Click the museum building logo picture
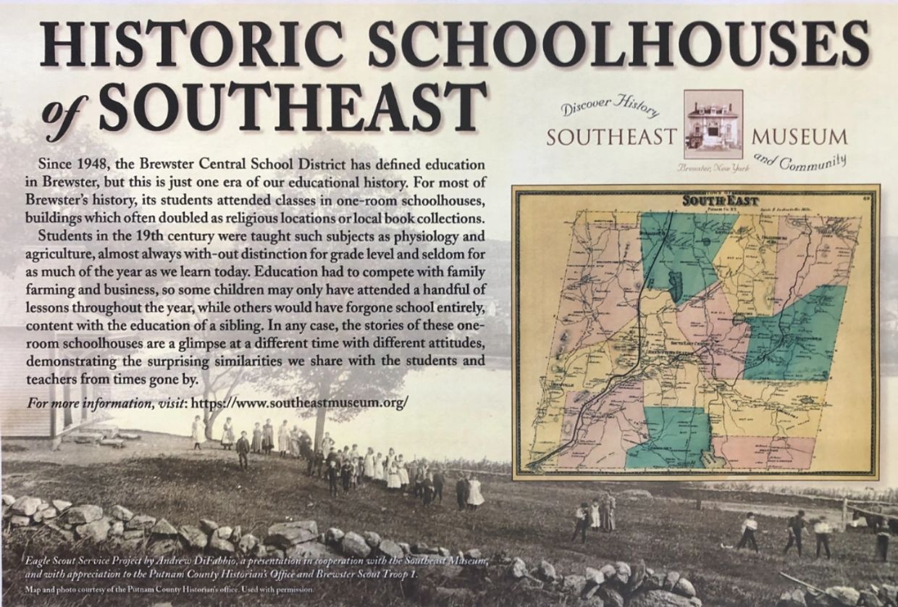pyautogui.click(x=713, y=124)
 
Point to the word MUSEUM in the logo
pyautogui.click(x=800, y=137)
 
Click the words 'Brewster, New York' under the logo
pyautogui.click(x=713, y=169)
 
